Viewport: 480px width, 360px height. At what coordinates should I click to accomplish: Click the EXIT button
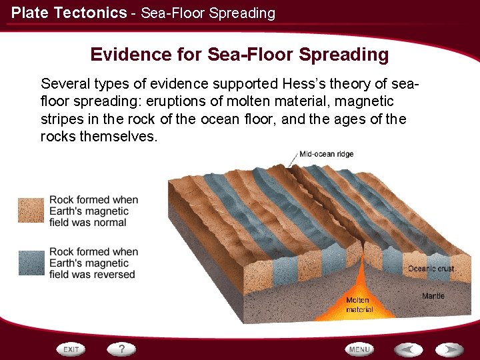point(73,349)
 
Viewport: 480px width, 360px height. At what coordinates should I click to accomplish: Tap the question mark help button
point(122,349)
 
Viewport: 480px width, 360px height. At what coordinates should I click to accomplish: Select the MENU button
point(359,349)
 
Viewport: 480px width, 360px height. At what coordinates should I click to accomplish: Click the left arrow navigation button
point(408,349)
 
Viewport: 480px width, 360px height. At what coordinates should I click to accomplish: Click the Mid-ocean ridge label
point(326,154)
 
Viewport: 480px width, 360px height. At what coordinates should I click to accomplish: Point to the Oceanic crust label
point(431,269)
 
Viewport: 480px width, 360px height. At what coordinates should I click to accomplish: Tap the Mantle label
point(433,295)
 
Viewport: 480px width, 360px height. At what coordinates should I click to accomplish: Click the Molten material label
point(358,305)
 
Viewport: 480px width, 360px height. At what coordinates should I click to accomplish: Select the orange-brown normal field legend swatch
point(31,210)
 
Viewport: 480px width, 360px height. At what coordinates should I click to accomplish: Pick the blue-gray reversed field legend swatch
point(31,262)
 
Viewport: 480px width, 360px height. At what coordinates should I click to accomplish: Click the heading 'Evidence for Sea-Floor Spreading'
point(239,54)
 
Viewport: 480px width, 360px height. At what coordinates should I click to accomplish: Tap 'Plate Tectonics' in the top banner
point(69,13)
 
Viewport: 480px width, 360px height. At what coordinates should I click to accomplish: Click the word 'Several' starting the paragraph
point(64,84)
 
